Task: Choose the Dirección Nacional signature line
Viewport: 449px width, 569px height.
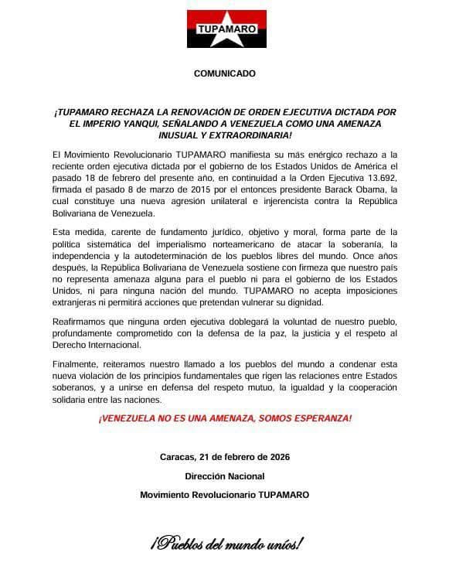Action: [224, 476]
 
